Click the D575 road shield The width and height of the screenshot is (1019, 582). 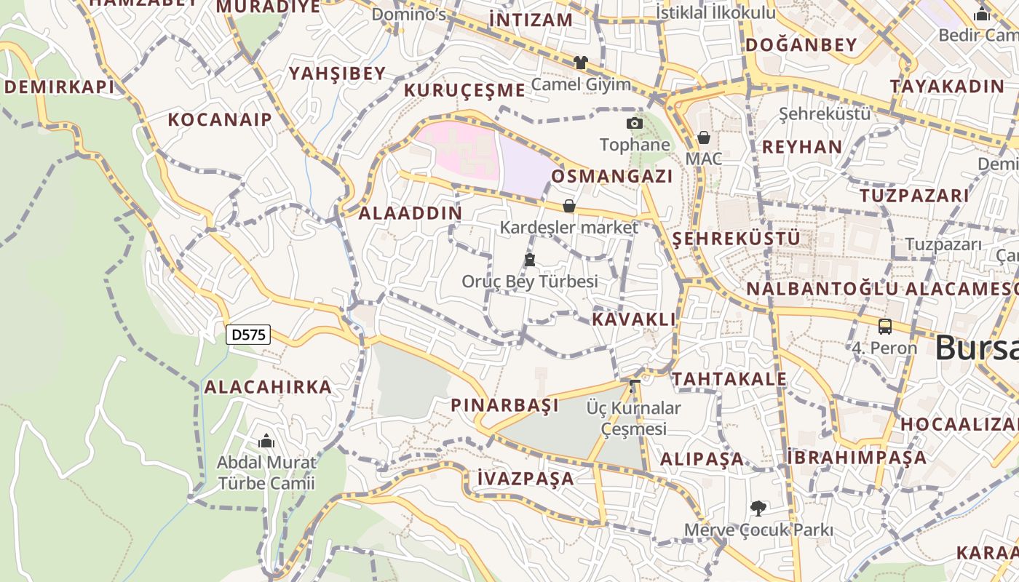(248, 335)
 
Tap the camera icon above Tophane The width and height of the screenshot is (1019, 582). (635, 124)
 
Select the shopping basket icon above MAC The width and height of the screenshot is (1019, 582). (703, 137)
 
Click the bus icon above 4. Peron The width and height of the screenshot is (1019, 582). (885, 327)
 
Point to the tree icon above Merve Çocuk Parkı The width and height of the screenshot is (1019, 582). (758, 508)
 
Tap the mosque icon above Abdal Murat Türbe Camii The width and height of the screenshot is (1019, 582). (266, 441)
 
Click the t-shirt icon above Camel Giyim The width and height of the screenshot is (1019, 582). (580, 63)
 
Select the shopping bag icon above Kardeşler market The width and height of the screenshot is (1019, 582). (569, 206)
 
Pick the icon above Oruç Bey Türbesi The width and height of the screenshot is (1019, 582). (530, 260)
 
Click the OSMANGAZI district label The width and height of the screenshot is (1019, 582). (612, 177)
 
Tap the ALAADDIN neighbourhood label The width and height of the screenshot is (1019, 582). (411, 213)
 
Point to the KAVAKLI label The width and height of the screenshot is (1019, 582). (634, 319)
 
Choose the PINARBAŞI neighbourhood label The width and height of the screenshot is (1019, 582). (505, 405)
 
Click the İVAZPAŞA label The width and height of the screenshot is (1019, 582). (526, 479)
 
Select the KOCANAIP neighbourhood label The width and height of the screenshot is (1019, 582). (220, 120)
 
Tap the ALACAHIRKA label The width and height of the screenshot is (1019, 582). (268, 387)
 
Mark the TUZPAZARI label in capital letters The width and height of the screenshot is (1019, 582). (915, 196)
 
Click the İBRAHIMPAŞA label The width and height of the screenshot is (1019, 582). (857, 458)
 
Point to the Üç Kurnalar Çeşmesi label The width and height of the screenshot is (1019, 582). (634, 418)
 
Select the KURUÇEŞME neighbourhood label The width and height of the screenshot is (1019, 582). (464, 91)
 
